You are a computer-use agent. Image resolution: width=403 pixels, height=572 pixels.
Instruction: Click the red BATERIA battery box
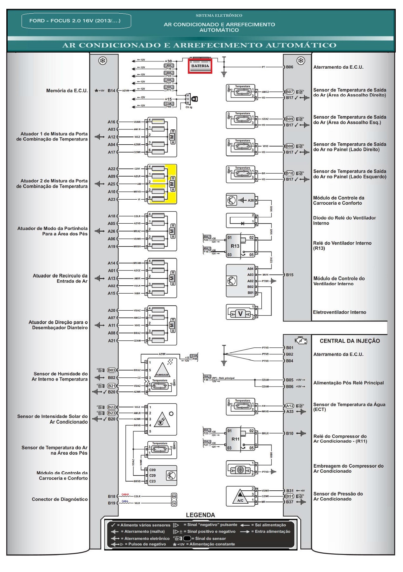tap(200, 66)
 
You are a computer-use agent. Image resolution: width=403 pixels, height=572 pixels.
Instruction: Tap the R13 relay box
tap(235, 246)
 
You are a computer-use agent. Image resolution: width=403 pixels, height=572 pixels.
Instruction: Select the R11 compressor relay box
tap(235, 439)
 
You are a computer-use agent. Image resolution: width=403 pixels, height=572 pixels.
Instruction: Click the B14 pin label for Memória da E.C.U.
tap(111, 91)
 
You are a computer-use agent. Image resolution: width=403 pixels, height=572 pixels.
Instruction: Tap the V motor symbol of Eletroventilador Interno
tap(240, 314)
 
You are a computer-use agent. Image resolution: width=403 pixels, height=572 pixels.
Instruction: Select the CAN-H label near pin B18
tap(125, 494)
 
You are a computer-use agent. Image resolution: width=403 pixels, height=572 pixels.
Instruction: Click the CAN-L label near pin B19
tap(125, 501)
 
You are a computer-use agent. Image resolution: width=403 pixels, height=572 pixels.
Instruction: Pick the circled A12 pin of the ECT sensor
tap(290, 406)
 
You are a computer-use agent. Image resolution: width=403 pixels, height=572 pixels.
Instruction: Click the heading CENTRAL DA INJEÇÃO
tap(350, 341)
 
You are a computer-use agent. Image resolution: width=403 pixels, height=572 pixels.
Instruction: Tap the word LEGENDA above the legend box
tap(200, 515)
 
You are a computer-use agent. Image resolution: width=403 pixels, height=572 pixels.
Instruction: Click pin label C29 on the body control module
tap(152, 476)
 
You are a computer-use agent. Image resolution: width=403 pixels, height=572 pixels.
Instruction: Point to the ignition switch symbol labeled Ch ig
tap(194, 99)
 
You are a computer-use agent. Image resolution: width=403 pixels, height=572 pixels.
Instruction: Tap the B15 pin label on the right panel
tap(290, 275)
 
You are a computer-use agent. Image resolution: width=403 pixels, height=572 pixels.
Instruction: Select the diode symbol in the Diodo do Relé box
tap(243, 223)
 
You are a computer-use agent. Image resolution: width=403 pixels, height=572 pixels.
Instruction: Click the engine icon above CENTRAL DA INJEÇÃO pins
tap(301, 341)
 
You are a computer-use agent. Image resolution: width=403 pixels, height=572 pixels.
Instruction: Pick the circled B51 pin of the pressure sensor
tap(290, 496)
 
